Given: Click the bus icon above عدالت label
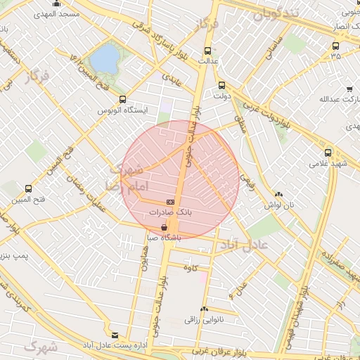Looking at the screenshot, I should pyautogui.click(x=207, y=51).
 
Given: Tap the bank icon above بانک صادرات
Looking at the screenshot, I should pyautogui.click(x=171, y=202).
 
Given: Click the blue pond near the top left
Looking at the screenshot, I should pyautogui.click(x=105, y=59).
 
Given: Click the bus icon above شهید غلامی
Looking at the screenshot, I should pyautogui.click(x=328, y=153).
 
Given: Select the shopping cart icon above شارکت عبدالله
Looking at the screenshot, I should pyautogui.click(x=349, y=89).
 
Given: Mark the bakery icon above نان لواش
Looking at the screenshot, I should pyautogui.click(x=279, y=194).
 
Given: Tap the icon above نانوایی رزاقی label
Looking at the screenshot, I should pyautogui.click(x=204, y=309).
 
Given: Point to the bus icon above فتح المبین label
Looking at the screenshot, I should pyautogui.click(x=28, y=188).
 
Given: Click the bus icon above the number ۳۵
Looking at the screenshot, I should pyautogui.click(x=335, y=46).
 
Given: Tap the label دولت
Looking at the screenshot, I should pyautogui.click(x=222, y=96).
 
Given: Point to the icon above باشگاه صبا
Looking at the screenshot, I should pyautogui.click(x=164, y=228).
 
